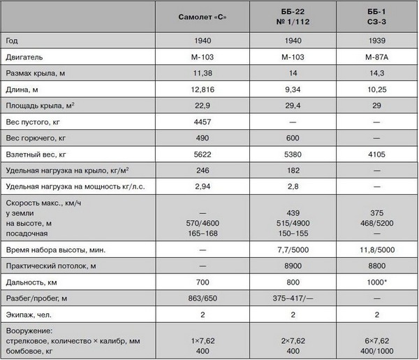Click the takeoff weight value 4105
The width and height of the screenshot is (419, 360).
point(376,154)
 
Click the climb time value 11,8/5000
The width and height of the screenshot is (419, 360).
point(376,250)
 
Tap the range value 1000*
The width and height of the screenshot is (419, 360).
point(376,282)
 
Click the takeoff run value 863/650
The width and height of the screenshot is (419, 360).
point(203,298)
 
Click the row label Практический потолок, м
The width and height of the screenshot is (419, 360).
point(53,266)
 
